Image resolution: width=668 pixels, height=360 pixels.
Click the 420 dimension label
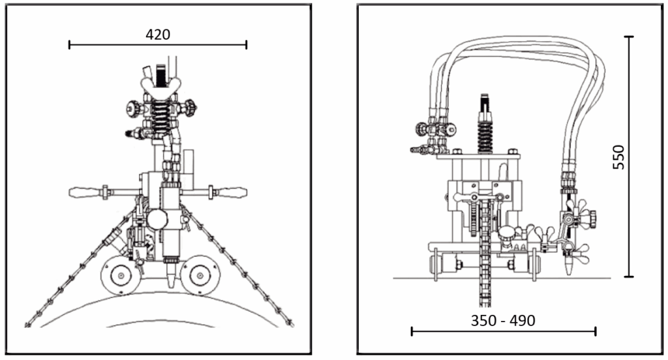(x=158, y=34)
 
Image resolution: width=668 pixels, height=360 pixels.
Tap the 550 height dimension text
(x=618, y=157)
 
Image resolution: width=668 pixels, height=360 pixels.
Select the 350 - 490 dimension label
(x=503, y=320)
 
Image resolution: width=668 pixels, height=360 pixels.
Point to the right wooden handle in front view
(x=232, y=192)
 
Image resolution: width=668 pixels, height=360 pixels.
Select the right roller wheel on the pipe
(x=200, y=275)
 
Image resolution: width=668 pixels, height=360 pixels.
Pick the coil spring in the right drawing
(x=485, y=135)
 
